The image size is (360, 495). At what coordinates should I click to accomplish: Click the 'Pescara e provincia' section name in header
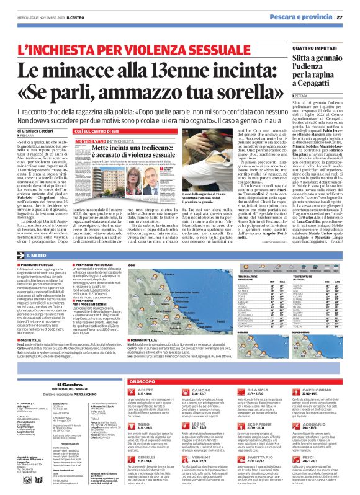click(301, 17)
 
